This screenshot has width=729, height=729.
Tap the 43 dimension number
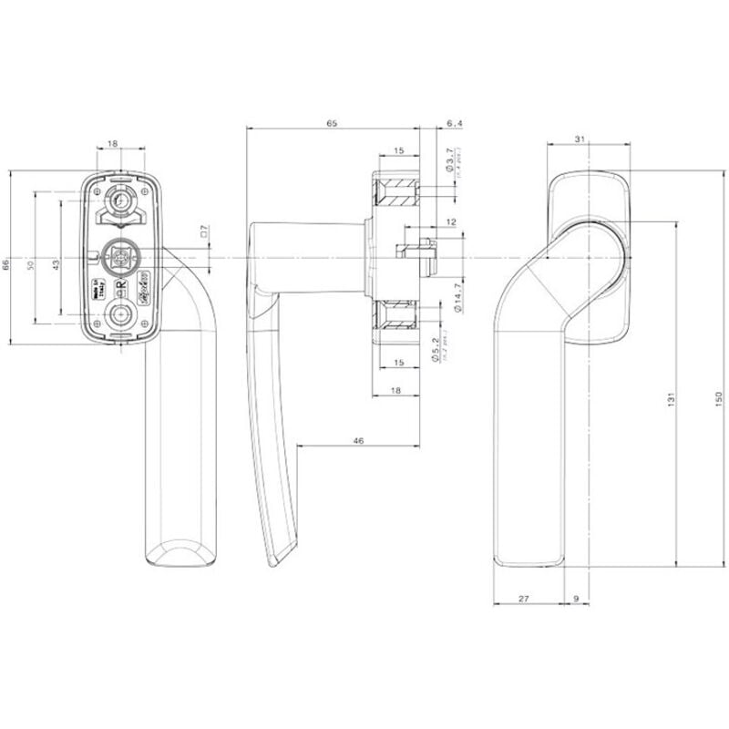pos(56,264)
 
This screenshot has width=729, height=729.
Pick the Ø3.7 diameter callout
pos(449,163)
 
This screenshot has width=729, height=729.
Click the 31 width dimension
pos(580,139)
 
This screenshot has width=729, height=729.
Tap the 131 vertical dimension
pos(670,398)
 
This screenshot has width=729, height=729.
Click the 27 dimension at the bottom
pos(523,598)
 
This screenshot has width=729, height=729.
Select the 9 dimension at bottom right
pos(577,598)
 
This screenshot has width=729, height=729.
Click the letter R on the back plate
pos(120,284)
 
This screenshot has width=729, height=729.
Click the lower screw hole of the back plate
pos(120,315)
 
